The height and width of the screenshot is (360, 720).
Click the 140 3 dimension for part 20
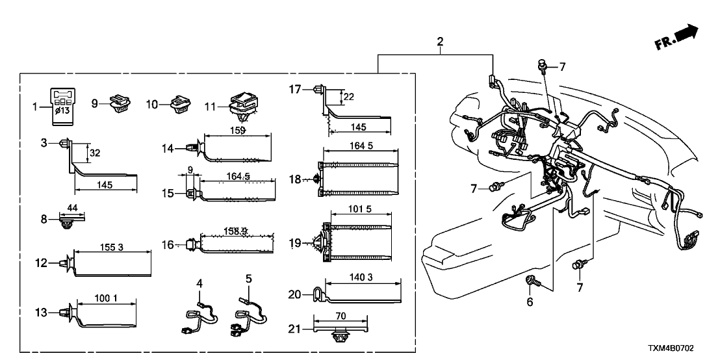point(363,276)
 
